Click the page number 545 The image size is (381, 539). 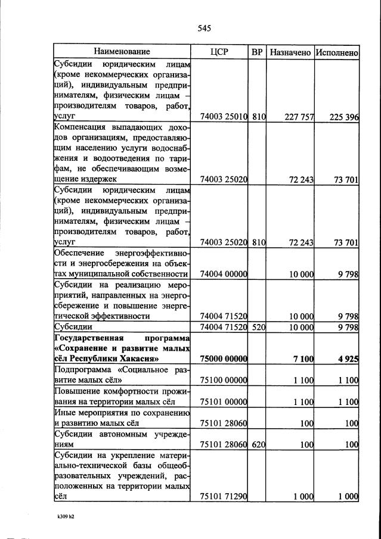click(204, 29)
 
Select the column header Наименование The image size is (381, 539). click(122, 52)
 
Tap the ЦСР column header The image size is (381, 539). click(219, 52)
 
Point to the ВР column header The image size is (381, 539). click(257, 52)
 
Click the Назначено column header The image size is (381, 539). click(290, 52)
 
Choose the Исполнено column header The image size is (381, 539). click(337, 52)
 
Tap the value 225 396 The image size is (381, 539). click(344, 117)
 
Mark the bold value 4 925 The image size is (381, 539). click(347, 359)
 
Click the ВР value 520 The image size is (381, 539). click(258, 327)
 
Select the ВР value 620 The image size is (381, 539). click(258, 444)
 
